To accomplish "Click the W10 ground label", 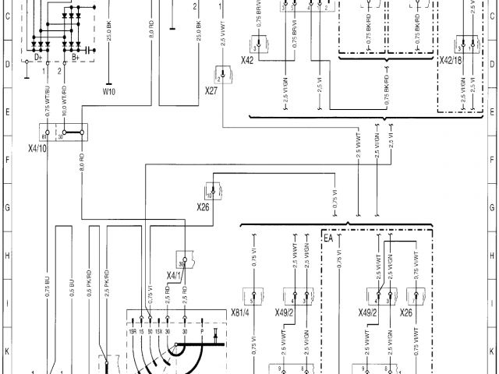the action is coord(108,90).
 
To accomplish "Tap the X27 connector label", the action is coord(211,91).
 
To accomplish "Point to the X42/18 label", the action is coord(451,59).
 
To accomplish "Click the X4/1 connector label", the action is coord(173,275).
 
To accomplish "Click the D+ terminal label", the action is coord(39,58).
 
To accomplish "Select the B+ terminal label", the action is coord(76,58).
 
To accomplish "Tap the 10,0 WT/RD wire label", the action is coord(64,105).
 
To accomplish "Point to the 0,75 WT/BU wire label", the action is coord(48,105).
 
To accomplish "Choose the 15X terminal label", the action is coord(158,332).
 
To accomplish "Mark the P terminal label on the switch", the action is coord(203,332).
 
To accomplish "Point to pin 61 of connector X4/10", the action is coord(45,136).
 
